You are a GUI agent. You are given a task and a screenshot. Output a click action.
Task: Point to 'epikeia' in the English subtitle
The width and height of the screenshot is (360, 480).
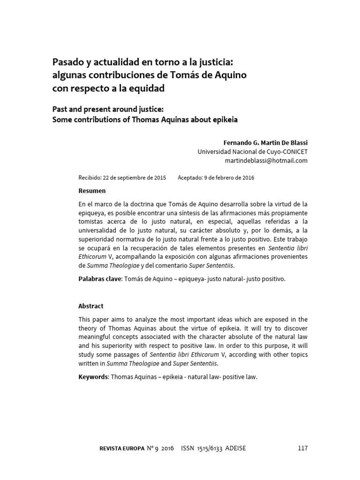coord(222,120)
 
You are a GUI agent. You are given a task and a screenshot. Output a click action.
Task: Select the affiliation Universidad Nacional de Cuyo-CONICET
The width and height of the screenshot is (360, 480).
coord(252,151)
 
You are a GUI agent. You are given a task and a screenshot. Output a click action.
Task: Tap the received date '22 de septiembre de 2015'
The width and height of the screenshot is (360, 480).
coord(135,178)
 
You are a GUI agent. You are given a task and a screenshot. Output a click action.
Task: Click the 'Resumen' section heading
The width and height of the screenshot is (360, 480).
coord(92,191)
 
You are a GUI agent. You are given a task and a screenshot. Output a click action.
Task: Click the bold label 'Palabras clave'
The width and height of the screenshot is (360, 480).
coord(99,279)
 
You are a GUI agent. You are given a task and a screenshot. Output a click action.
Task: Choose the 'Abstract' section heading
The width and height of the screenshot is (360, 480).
coord(90,306)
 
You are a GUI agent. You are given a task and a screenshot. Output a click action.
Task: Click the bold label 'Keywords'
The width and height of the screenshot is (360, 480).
coord(93,377)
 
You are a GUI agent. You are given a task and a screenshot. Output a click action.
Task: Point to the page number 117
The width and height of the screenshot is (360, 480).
coord(302,449)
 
